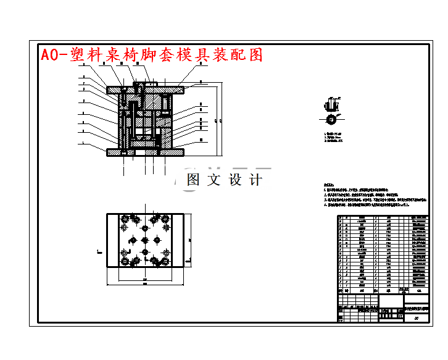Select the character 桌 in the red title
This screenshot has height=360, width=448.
116,55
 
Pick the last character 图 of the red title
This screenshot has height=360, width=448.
255,55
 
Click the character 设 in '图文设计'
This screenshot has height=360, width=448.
236,180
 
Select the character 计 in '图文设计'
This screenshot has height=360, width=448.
255,180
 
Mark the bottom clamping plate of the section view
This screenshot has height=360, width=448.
146,152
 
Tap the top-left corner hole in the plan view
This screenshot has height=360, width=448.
126,219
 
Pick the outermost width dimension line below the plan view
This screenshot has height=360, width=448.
146,286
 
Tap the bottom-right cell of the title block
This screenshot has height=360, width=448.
417,318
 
